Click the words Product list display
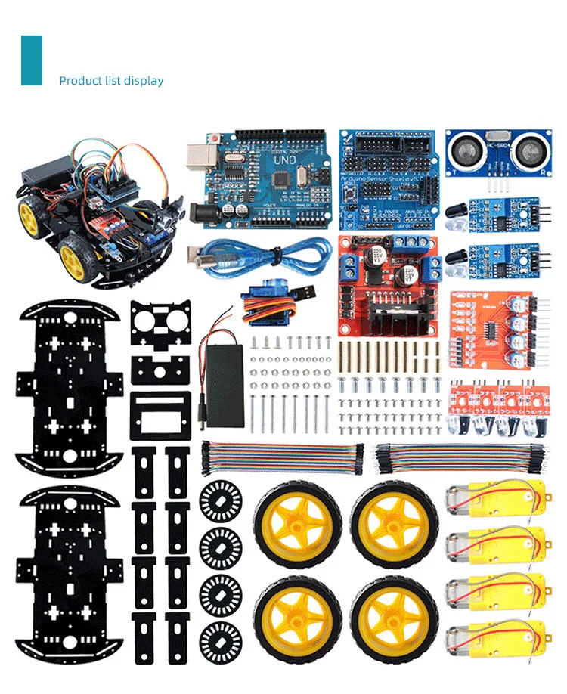click(x=111, y=81)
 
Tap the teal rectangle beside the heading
click(x=32, y=60)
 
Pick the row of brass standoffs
click(x=390, y=355)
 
